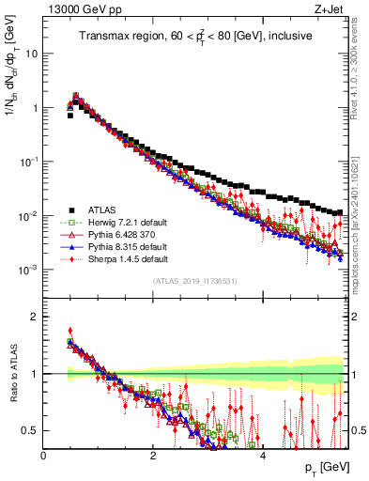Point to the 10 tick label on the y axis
point(31,54)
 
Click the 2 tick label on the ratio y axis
point(35,317)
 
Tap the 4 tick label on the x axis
point(262,455)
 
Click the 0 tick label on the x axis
point(43,455)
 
